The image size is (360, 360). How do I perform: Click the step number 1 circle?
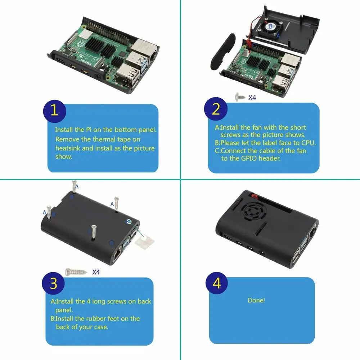(54, 111)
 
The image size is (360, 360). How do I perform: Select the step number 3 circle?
(53, 284)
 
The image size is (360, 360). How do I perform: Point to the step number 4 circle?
(217, 284)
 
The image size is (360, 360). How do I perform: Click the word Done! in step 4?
(256, 300)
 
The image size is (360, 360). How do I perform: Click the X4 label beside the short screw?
(252, 97)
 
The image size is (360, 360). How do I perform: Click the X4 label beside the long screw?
(96, 272)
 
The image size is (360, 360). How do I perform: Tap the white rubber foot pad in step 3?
(142, 240)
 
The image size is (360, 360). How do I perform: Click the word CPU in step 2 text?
(308, 143)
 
